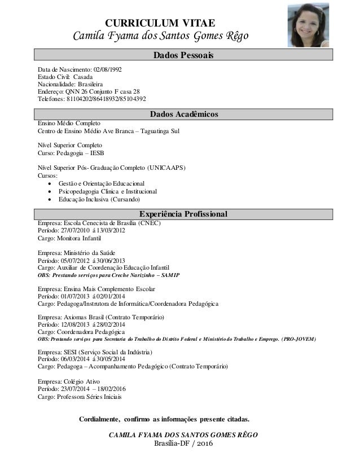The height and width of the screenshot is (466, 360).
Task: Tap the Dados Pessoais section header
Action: point(183,55)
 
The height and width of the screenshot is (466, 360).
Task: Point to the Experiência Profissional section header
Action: point(183,214)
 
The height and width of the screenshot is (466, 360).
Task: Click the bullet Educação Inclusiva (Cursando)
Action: point(99,200)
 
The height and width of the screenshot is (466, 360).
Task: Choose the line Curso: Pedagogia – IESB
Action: point(70,153)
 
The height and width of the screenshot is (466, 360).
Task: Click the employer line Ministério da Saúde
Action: point(76,253)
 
